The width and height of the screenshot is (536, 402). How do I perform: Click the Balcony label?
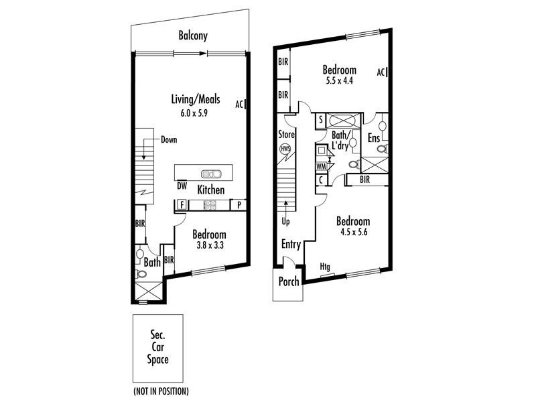pos(192,36)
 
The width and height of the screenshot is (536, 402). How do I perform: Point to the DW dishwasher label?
pos(182,186)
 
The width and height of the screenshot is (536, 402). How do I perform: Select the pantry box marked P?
pos(239,205)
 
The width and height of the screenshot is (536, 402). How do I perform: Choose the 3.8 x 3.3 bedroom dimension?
pos(209,246)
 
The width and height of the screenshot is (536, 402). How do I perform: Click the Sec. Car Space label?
pos(157,347)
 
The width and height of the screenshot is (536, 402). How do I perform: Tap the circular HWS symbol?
pos(285,148)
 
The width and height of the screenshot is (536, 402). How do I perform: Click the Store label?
pos(286,134)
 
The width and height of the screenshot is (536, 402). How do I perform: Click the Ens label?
pos(374,138)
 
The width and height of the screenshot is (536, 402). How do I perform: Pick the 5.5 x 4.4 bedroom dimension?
pos(339,80)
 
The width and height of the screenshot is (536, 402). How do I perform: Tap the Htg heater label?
pos(326,266)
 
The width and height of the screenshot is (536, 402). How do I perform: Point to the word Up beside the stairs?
pos(285,220)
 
